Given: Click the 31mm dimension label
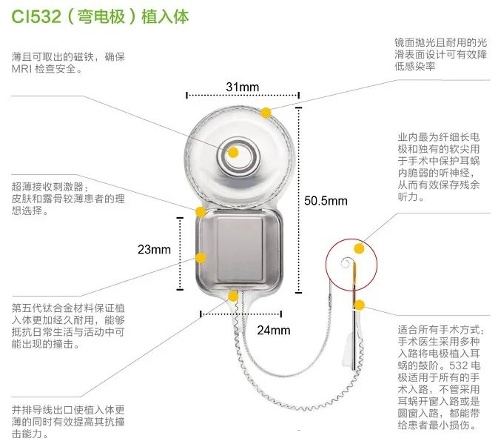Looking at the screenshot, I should (x=242, y=87).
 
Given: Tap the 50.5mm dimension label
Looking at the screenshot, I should (x=325, y=201).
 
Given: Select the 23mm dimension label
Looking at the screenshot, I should (x=154, y=250).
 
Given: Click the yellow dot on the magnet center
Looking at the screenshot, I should (x=233, y=153).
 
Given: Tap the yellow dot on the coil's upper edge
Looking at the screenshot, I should (x=266, y=111).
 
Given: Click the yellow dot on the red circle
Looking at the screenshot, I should (x=359, y=248).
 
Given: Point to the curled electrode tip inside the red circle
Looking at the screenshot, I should (x=344, y=262).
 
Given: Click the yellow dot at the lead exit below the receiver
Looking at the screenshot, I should (x=233, y=296).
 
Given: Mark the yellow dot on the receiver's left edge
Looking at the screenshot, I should (x=200, y=257).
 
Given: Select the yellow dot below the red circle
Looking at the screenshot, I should (x=359, y=304).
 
